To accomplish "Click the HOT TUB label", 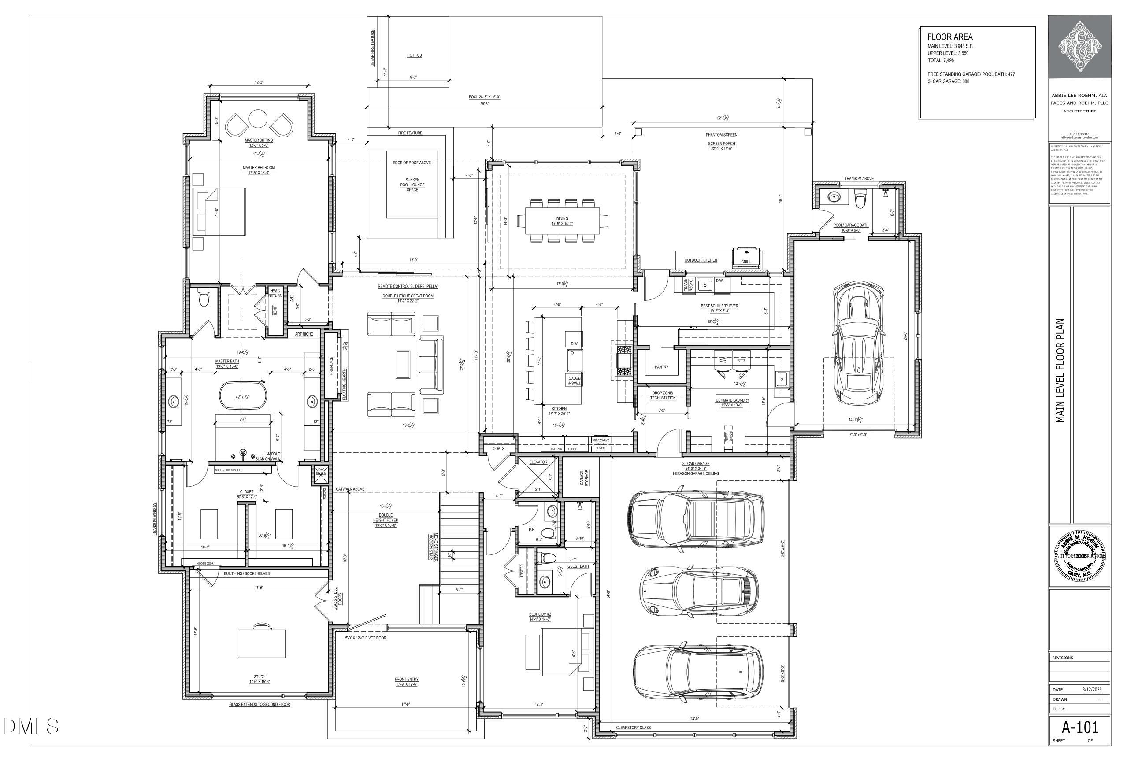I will [x=414, y=55].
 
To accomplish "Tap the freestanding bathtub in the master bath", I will [x=242, y=396].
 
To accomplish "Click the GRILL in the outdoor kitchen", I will [x=746, y=256].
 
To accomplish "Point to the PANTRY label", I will [x=661, y=367].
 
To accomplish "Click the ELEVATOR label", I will [x=538, y=462].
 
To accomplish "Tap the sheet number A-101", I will [x=1079, y=727].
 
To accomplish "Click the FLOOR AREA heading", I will [x=950, y=37].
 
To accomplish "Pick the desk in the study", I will [x=262, y=643].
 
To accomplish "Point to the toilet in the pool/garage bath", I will [x=860, y=199].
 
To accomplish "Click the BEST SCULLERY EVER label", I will [x=719, y=306].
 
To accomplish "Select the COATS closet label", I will [x=499, y=448].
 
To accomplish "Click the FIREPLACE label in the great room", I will [x=332, y=367].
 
